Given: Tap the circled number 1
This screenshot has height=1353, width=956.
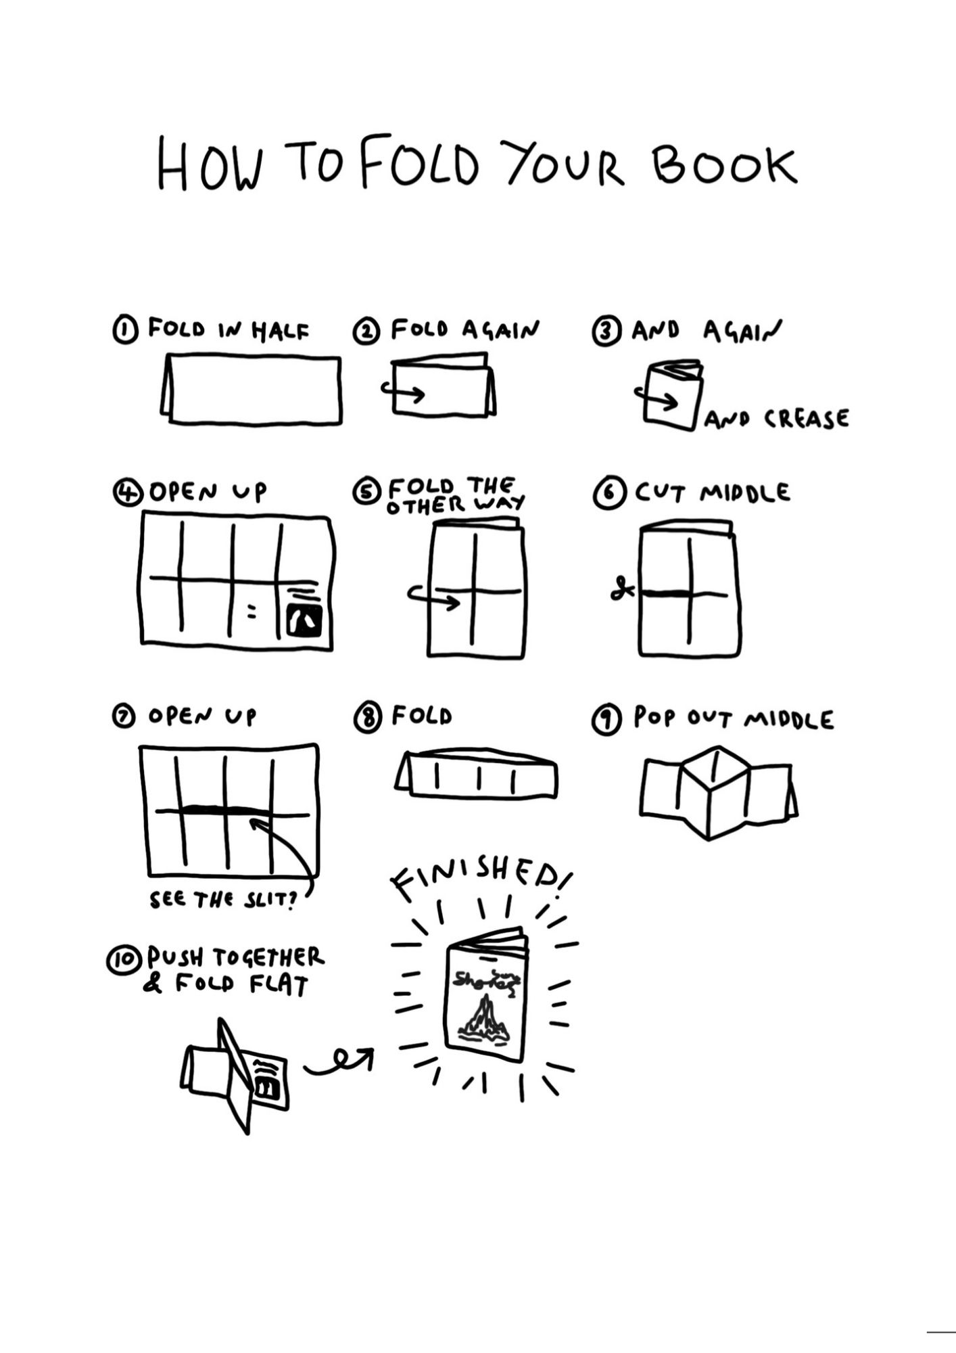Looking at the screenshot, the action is tap(124, 331).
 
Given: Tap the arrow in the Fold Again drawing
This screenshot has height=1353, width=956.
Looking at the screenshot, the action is tap(403, 391).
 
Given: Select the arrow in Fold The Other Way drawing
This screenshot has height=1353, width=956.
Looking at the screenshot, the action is tap(433, 595).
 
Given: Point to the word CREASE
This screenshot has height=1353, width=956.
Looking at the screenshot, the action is tap(806, 419).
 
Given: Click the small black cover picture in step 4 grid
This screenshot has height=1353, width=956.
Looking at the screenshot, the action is tap(305, 619).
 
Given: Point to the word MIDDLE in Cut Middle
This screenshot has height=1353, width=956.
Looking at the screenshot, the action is tap(744, 492).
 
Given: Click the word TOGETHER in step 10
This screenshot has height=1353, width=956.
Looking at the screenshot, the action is tap(268, 957).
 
